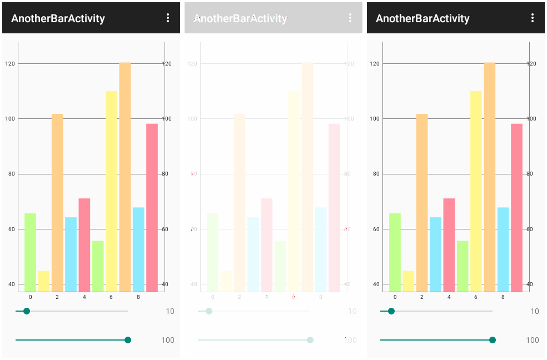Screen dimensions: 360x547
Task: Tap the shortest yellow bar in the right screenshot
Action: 408,281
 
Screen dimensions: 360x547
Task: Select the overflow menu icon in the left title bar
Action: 168,18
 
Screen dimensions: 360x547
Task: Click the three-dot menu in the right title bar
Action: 533,18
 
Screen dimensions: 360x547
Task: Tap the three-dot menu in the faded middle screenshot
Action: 350,18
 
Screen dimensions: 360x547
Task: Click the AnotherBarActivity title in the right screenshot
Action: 422,18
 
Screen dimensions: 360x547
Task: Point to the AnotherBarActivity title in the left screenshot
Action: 58,18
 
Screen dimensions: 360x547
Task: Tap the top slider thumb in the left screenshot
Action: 27,311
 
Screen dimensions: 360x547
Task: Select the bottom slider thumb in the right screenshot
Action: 493,340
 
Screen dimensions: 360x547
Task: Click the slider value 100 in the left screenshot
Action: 168,340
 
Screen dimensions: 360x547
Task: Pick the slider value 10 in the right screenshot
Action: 535,311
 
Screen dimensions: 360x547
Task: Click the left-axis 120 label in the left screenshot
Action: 9,63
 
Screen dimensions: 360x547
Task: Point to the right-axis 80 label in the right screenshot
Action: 530,174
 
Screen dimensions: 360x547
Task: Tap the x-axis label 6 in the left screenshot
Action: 111,297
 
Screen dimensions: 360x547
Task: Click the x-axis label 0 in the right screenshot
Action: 395,297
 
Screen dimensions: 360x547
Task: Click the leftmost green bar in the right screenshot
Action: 395,252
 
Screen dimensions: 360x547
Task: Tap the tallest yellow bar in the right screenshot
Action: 476,191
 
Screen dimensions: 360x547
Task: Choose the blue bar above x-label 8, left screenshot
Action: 138,249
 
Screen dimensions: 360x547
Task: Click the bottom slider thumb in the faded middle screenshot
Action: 310,340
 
